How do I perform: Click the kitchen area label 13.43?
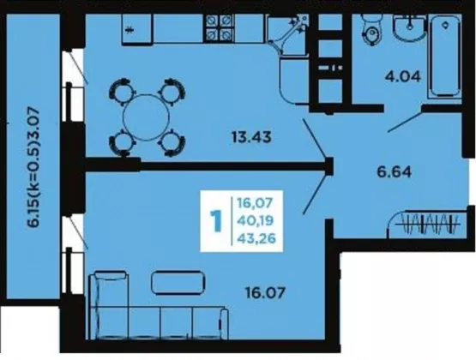[x=251, y=137]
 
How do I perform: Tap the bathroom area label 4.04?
[x=403, y=76]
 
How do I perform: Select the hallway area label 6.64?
[x=395, y=172]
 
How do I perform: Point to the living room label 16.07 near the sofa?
[x=265, y=293]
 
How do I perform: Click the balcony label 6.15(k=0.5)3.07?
[x=33, y=168]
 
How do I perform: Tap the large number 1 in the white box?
[x=216, y=221]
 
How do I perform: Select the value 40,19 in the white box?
[x=256, y=220]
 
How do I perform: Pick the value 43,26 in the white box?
[x=256, y=238]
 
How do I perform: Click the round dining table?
[x=146, y=117]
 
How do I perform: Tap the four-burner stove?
[x=220, y=28]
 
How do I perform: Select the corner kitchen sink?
[x=288, y=35]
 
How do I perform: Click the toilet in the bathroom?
[x=371, y=30]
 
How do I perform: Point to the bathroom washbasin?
[x=410, y=28]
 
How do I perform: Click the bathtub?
[x=445, y=57]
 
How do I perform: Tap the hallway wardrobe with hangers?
[x=427, y=224]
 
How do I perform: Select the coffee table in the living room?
[x=178, y=282]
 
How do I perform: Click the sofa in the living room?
[x=158, y=306]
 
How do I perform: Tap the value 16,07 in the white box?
[x=256, y=202]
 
